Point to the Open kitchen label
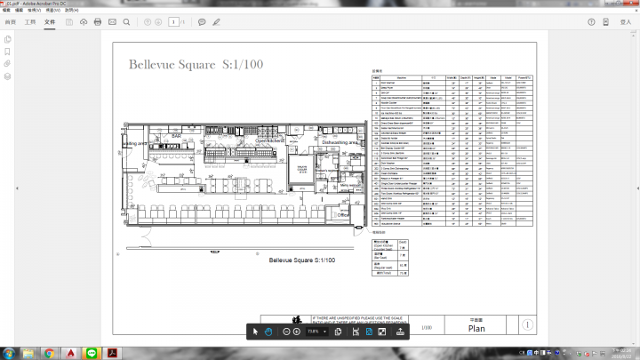[x=269, y=140]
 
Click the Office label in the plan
[x=342, y=214]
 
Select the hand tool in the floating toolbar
[x=268, y=331]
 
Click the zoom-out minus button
[x=285, y=331]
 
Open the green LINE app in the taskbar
[x=92, y=353]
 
